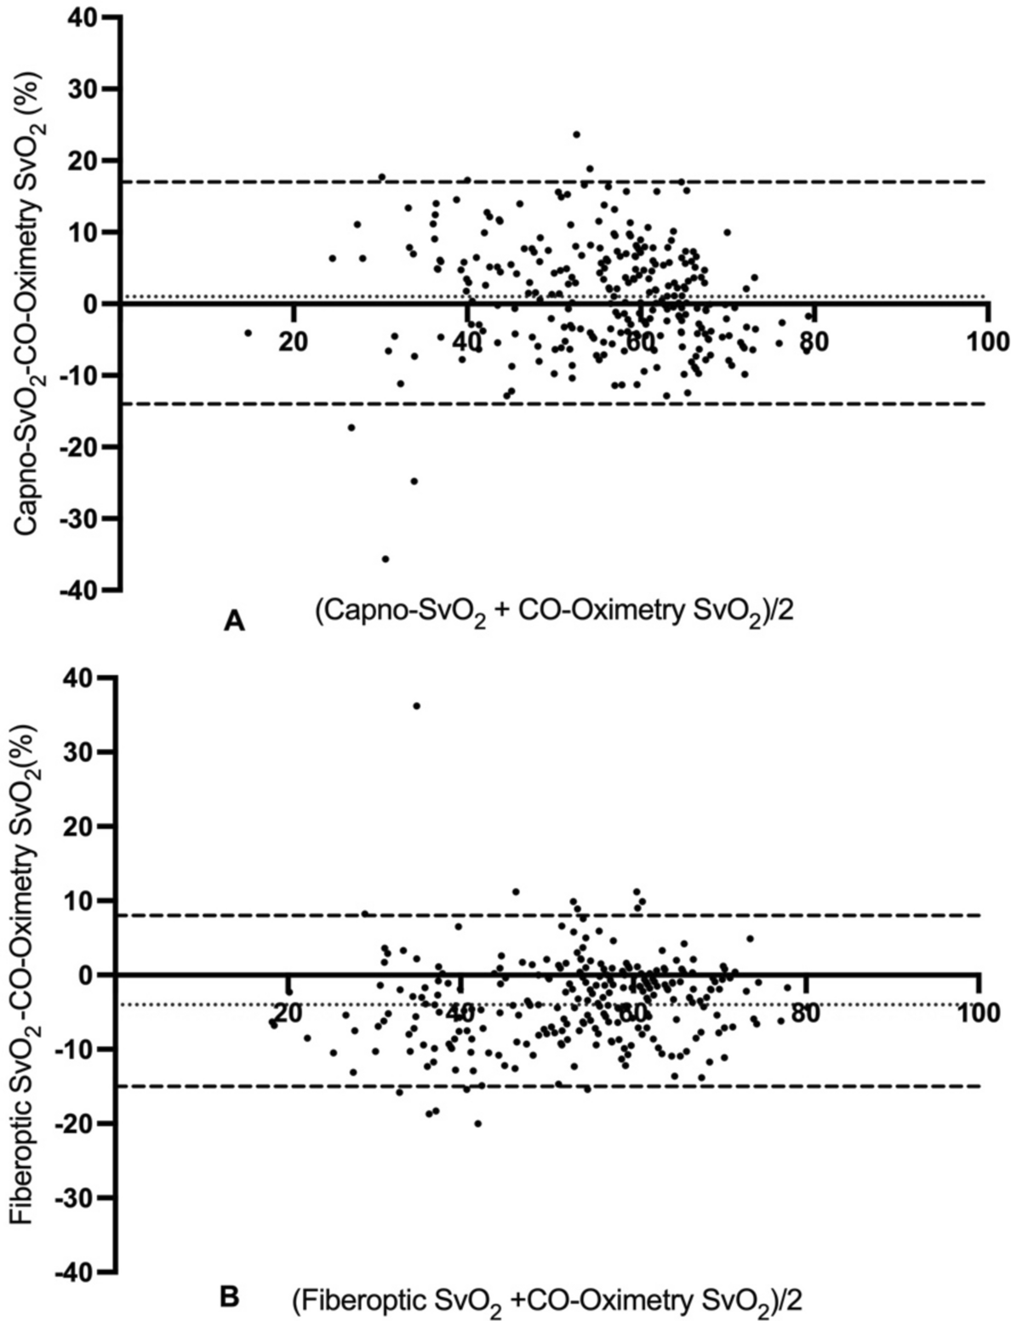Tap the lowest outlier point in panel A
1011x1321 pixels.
pyautogui.click(x=385, y=559)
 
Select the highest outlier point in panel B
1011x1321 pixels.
pyautogui.click(x=416, y=706)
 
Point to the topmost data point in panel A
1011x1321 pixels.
pyautogui.click(x=576, y=134)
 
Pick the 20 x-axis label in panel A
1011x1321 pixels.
pyautogui.click(x=292, y=342)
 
